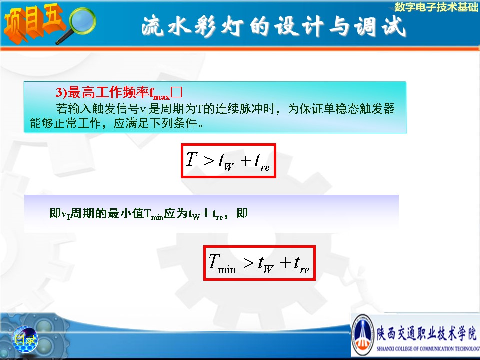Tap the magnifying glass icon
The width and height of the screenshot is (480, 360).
click(x=78, y=25)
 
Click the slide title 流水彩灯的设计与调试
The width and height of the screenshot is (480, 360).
click(x=274, y=26)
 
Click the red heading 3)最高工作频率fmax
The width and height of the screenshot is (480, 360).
click(x=113, y=93)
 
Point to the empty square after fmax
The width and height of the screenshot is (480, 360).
click(x=176, y=92)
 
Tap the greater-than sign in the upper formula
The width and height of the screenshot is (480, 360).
click(x=209, y=160)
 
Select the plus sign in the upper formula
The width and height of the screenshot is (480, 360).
click(x=246, y=160)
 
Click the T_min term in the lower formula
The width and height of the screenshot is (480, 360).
click(x=222, y=263)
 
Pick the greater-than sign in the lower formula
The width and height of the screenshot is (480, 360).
click(x=249, y=263)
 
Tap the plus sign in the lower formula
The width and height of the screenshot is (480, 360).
click(x=286, y=263)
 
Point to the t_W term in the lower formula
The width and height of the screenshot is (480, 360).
click(x=266, y=264)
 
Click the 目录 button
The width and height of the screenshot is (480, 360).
click(x=25, y=339)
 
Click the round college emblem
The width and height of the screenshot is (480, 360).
click(x=363, y=335)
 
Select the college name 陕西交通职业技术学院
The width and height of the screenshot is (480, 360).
click(x=426, y=333)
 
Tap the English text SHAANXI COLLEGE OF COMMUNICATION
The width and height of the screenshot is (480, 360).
click(x=428, y=348)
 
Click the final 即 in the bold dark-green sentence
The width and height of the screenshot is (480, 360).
click(x=242, y=213)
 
